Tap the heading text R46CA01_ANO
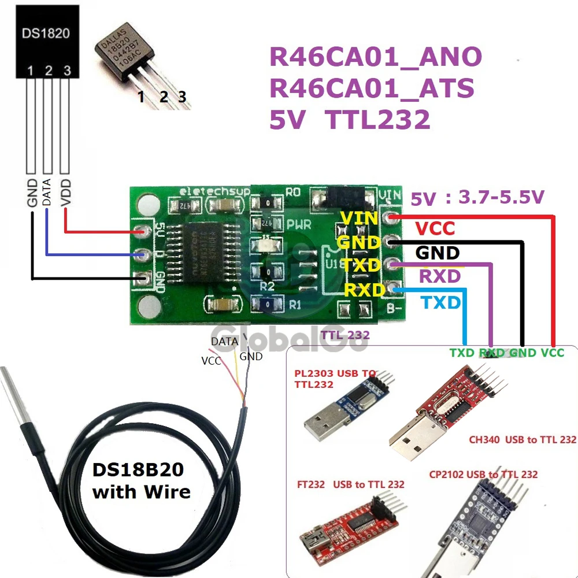(x=376, y=57)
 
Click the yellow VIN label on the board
(x=360, y=218)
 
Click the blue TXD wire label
(x=441, y=302)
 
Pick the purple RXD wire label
(x=440, y=276)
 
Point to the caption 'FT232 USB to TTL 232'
(x=347, y=484)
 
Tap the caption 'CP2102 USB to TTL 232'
(x=483, y=475)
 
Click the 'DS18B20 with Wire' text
(x=142, y=481)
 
